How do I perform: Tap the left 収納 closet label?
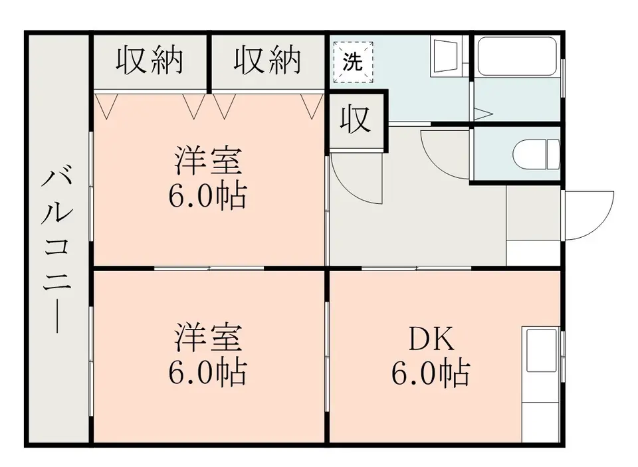tap(150, 61)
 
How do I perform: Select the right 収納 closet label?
tap(267, 61)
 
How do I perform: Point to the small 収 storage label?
tap(356, 120)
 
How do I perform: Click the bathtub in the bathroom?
tap(517, 56)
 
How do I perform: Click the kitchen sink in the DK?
tap(541, 350)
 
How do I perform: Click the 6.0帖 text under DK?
tap(431, 372)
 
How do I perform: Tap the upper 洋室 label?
tap(208, 160)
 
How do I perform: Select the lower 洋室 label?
tap(208, 337)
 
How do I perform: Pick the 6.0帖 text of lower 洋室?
tap(207, 372)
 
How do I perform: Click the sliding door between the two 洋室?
tap(209, 268)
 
